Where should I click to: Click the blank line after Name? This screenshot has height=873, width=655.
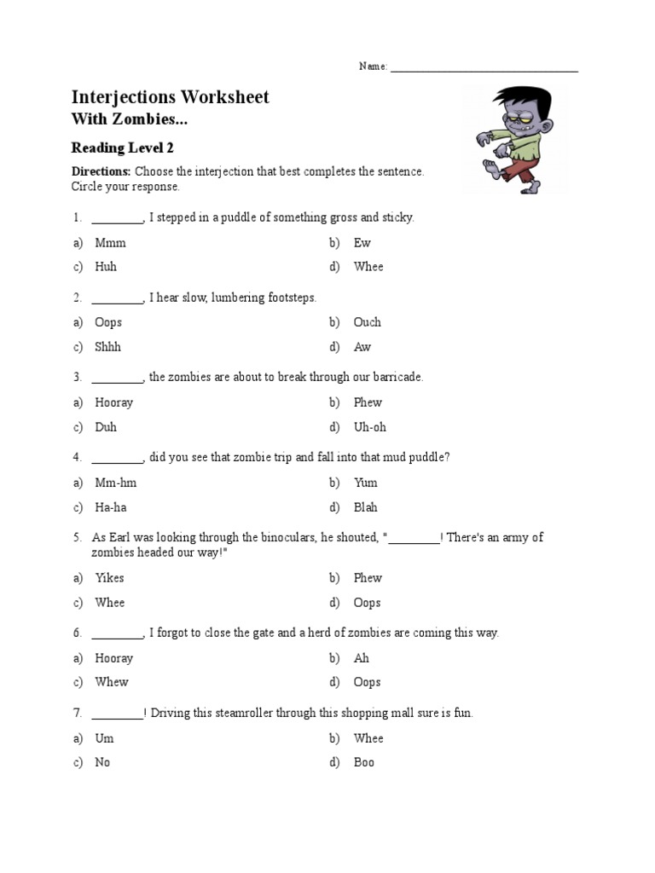[x=484, y=68]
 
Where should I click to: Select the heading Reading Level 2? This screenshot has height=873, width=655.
[x=122, y=147]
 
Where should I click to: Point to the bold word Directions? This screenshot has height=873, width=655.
[x=101, y=171]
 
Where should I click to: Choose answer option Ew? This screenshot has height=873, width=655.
[x=362, y=243]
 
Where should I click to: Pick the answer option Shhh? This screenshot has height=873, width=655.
[x=108, y=347]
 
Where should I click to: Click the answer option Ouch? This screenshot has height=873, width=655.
[x=368, y=322]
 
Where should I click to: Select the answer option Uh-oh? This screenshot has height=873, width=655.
[x=370, y=427]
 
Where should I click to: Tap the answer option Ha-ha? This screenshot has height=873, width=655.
[x=111, y=507]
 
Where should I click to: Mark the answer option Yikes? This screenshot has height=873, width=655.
[x=109, y=578]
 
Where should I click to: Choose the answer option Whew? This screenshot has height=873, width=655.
[x=112, y=682]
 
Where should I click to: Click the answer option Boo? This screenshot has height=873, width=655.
[x=364, y=762]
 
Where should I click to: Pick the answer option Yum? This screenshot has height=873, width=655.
[x=366, y=483]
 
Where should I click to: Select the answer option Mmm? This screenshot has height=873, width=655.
[x=110, y=243]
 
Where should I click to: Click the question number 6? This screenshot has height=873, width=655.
[x=77, y=633]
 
